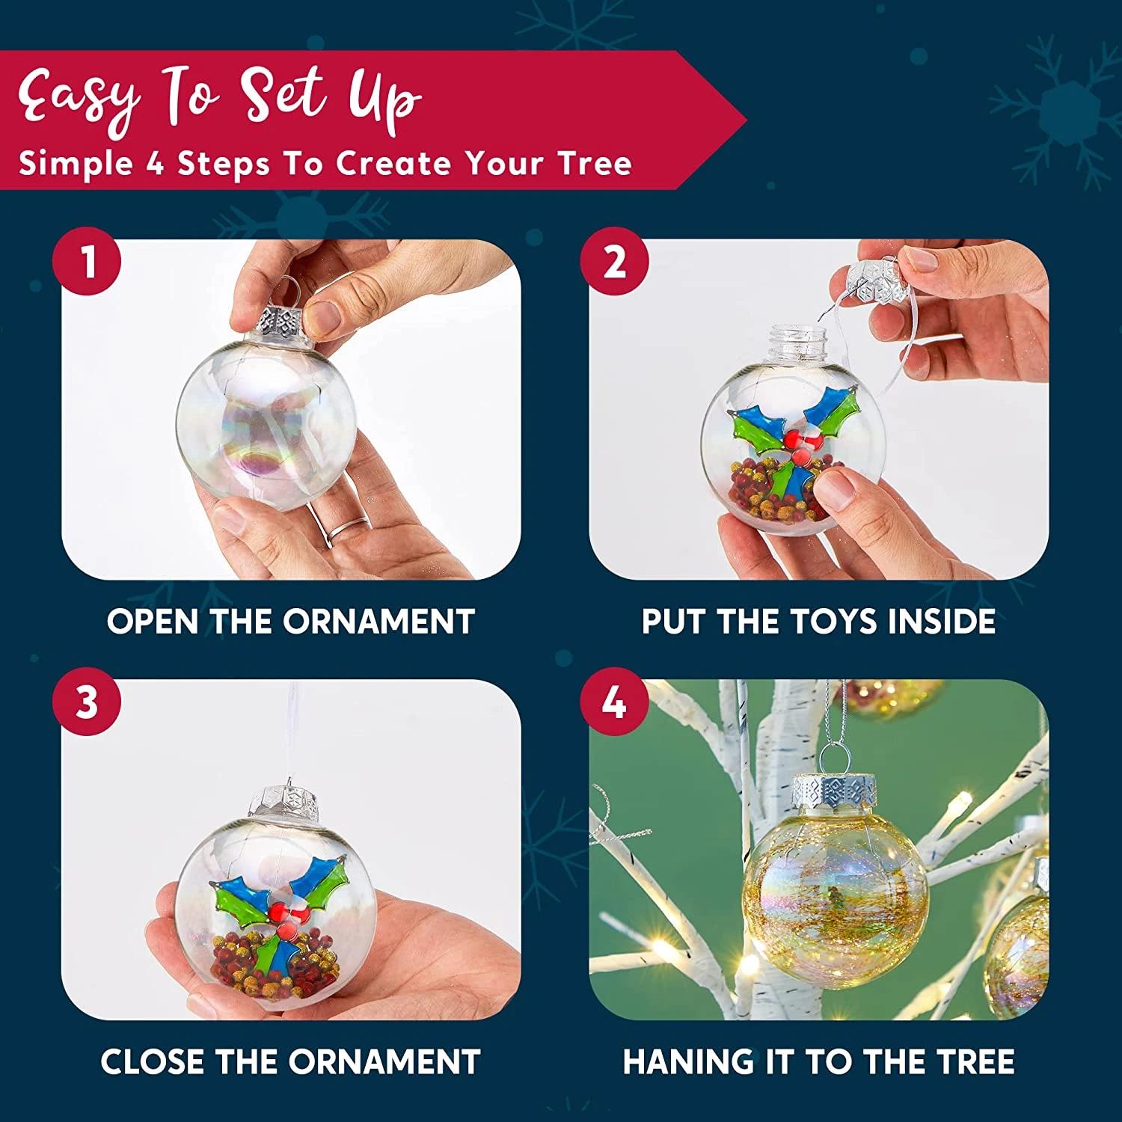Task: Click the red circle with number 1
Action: tap(87, 262)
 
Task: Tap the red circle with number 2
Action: tap(615, 262)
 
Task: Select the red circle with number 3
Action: tap(87, 702)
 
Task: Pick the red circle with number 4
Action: tap(615, 702)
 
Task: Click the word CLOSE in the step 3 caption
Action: tap(153, 1062)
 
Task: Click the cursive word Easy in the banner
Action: tap(79, 97)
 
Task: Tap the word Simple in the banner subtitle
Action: tap(76, 163)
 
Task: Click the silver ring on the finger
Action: tap(346, 530)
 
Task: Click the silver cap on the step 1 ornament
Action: tap(279, 322)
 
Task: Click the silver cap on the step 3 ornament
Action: tap(284, 802)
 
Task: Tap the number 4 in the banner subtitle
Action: tap(155, 163)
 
